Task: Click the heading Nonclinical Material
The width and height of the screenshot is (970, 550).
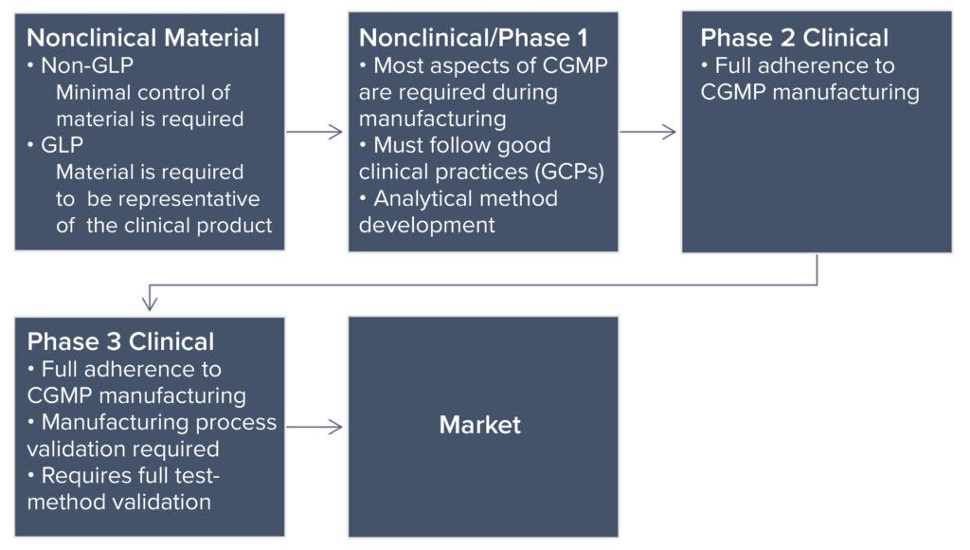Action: point(142,38)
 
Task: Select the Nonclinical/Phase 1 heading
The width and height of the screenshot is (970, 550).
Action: point(473,38)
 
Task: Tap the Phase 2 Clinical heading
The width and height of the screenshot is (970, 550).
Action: point(794,38)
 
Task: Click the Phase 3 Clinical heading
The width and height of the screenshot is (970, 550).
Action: point(120,341)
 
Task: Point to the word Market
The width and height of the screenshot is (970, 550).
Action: point(479,425)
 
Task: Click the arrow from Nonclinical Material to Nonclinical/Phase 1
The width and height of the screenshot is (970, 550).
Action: point(314,132)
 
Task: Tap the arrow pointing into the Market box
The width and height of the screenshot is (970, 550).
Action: point(314,427)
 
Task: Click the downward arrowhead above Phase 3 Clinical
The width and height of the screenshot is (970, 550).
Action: point(149,302)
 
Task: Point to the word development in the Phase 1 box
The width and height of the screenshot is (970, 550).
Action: point(426,225)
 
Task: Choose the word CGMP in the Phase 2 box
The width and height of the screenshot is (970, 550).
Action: point(734,92)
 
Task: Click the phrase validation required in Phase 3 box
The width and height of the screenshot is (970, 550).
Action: point(123,449)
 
